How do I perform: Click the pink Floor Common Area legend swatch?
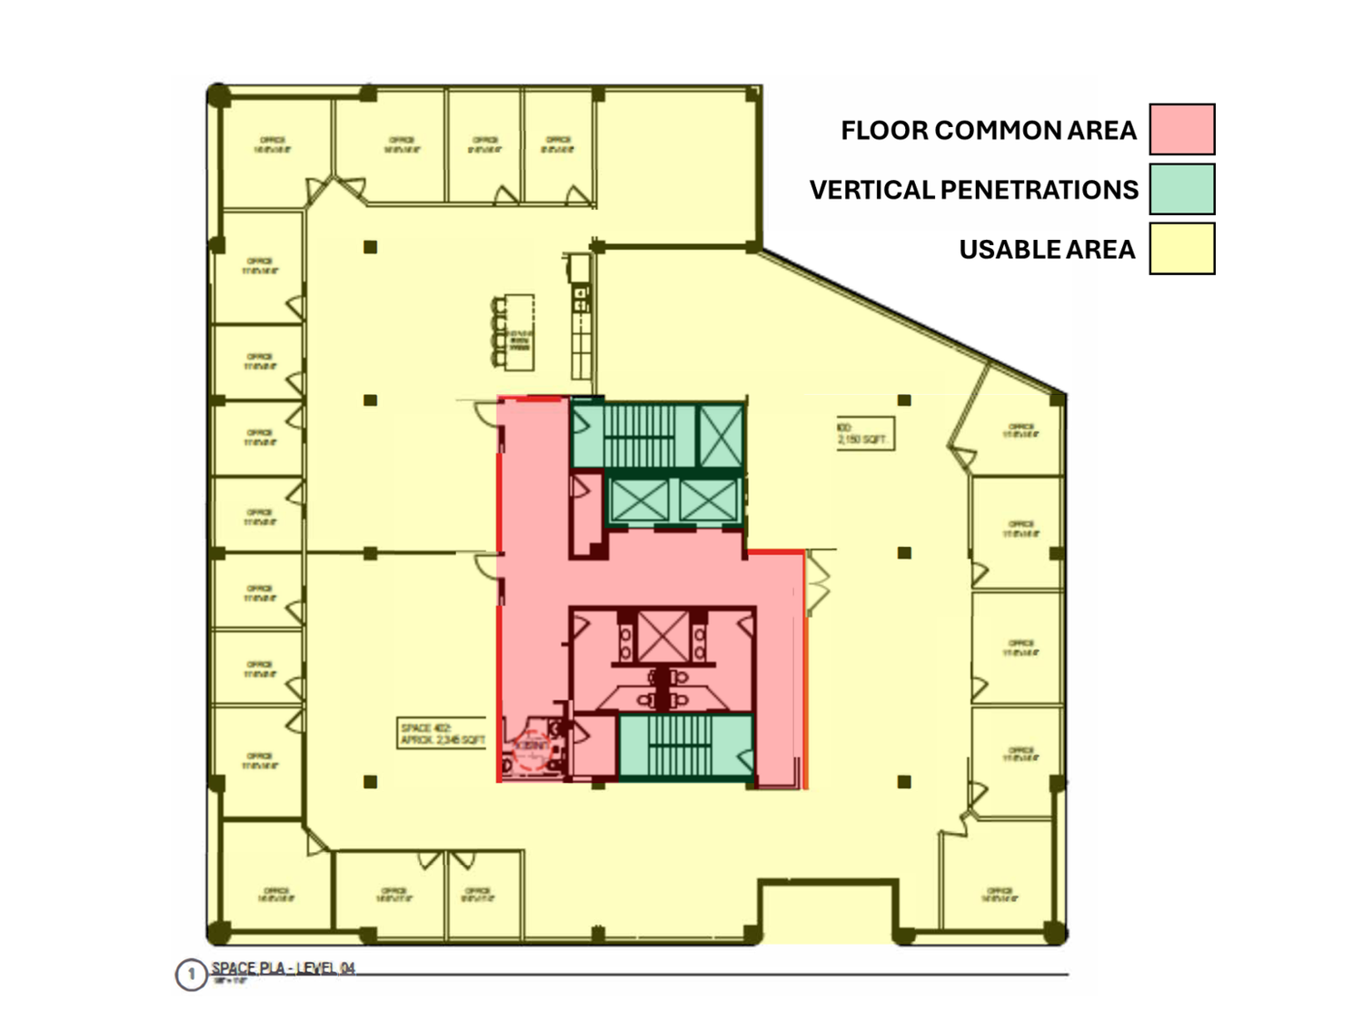(1181, 129)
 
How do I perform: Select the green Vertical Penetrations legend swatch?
(1181, 189)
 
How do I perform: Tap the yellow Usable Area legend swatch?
(1181, 249)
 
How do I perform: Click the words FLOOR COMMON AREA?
(988, 131)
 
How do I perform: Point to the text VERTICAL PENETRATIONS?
(973, 190)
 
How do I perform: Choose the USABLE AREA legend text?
(1047, 250)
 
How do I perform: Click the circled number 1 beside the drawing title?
(191, 975)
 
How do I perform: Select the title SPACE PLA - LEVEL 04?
(283, 968)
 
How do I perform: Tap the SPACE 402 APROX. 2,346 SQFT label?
(443, 734)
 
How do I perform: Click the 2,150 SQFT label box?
(864, 433)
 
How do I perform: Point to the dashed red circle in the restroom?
(532, 750)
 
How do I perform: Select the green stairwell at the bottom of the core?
(685, 747)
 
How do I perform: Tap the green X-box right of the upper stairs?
(720, 436)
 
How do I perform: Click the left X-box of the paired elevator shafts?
(639, 500)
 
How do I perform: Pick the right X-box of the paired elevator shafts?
(708, 500)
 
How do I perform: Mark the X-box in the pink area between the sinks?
(662, 636)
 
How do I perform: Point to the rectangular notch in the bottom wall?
(827, 911)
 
